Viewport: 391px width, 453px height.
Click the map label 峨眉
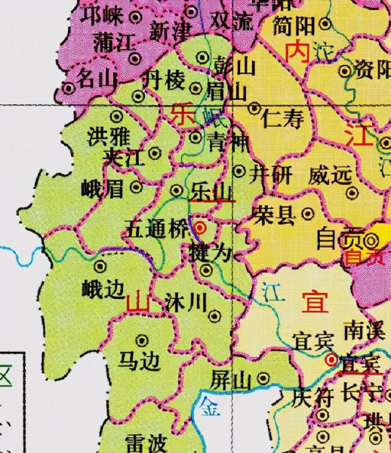click(101, 189)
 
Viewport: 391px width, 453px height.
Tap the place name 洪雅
click(107, 138)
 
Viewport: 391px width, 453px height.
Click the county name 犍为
click(211, 252)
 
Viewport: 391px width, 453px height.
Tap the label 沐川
click(186, 304)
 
